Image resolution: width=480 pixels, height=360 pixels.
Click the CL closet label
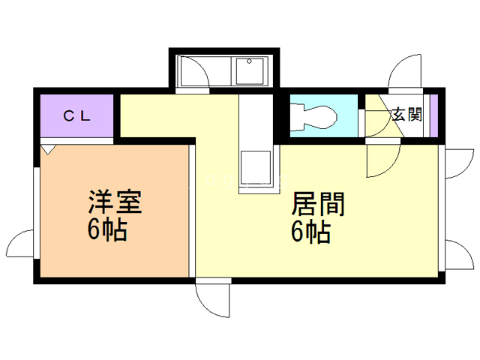[76, 115]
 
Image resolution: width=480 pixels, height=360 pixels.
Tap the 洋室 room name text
[115, 202]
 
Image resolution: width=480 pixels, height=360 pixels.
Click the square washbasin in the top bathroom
[249, 72]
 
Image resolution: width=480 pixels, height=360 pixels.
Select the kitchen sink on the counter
[256, 168]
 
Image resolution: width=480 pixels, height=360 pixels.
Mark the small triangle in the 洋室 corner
[48, 149]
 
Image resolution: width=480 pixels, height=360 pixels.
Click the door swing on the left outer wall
[21, 244]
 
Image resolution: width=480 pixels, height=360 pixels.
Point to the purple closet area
[75, 116]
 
